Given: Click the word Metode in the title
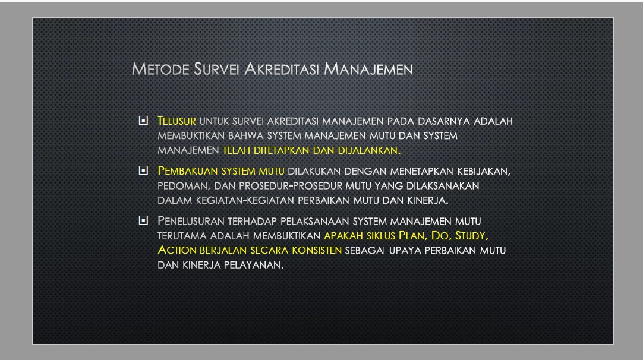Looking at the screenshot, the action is (160, 70).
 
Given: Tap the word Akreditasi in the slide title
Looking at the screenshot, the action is (281, 70).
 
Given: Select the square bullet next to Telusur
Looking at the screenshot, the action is (143, 121).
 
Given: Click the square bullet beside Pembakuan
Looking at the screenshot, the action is (143, 170).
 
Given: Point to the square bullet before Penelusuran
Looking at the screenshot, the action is (143, 220).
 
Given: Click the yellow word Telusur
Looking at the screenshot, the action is (176, 121).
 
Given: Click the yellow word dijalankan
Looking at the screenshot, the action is (369, 150).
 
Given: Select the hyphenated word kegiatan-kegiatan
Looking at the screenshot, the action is (245, 201).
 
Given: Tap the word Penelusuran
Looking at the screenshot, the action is (191, 221).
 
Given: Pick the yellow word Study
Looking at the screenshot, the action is (472, 236).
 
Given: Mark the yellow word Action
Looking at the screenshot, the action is (177, 250).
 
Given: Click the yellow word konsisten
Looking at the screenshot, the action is (317, 250).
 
